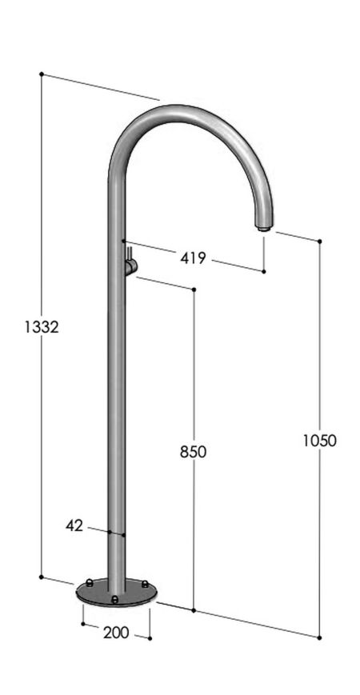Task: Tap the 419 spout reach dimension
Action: pyautogui.click(x=193, y=258)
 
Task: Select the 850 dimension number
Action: pyautogui.click(x=193, y=451)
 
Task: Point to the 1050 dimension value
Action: pyautogui.click(x=320, y=439)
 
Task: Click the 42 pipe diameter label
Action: pyautogui.click(x=74, y=525)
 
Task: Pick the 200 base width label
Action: pyautogui.click(x=116, y=632)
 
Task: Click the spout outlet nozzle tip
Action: pyautogui.click(x=262, y=228)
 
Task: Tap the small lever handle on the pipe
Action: pyautogui.click(x=130, y=265)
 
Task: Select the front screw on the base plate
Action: pyautogui.click(x=115, y=598)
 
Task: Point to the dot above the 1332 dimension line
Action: pyautogui.click(x=41, y=74)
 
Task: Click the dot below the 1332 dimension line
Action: pyautogui.click(x=41, y=576)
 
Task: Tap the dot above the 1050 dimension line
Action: pyautogui.click(x=320, y=241)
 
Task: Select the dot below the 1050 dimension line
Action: pyautogui.click(x=320, y=637)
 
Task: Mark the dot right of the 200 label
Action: pyautogui.click(x=150, y=637)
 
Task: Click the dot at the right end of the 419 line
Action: pyautogui.click(x=263, y=272)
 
